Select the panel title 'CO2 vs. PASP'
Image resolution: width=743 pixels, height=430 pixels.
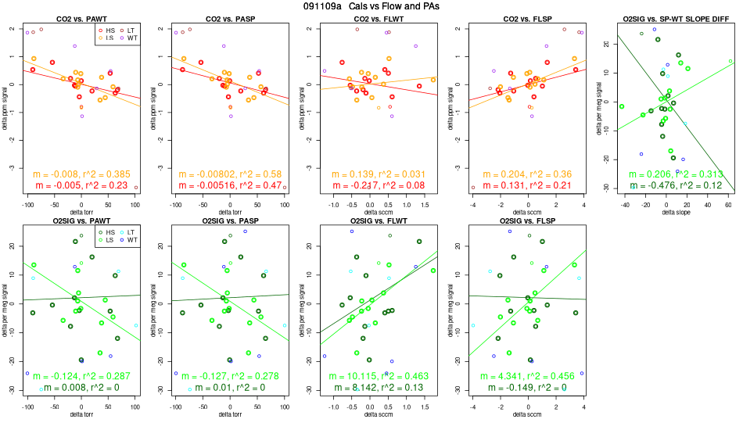coord(230,18)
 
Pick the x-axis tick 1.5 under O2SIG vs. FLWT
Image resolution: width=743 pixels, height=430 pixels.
coord(419,407)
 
